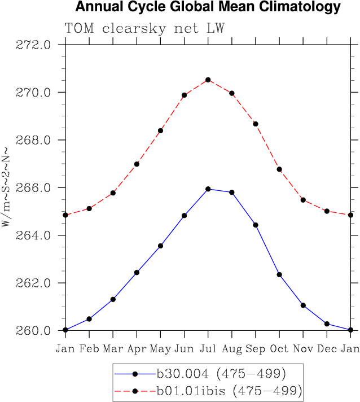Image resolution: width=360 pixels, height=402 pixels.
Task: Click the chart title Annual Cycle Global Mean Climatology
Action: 208,7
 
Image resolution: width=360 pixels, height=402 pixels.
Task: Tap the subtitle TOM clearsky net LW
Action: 144,28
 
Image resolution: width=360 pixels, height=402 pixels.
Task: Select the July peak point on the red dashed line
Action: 208,80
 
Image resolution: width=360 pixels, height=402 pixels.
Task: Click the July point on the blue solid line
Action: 208,189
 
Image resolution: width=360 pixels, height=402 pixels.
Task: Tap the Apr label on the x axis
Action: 137,348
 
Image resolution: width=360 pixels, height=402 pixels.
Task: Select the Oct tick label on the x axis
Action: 279,348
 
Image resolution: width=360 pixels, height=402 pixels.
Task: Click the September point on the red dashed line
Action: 256,124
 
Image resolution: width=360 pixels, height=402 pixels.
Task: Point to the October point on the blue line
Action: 279,274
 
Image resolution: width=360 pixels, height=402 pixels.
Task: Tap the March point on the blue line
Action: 113,299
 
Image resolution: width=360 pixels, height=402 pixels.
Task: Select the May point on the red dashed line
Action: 161,130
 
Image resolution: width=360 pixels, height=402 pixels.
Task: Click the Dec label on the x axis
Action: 327,348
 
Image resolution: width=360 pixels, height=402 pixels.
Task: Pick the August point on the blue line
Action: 232,192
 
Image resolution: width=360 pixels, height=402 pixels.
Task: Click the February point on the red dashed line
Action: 89,209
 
